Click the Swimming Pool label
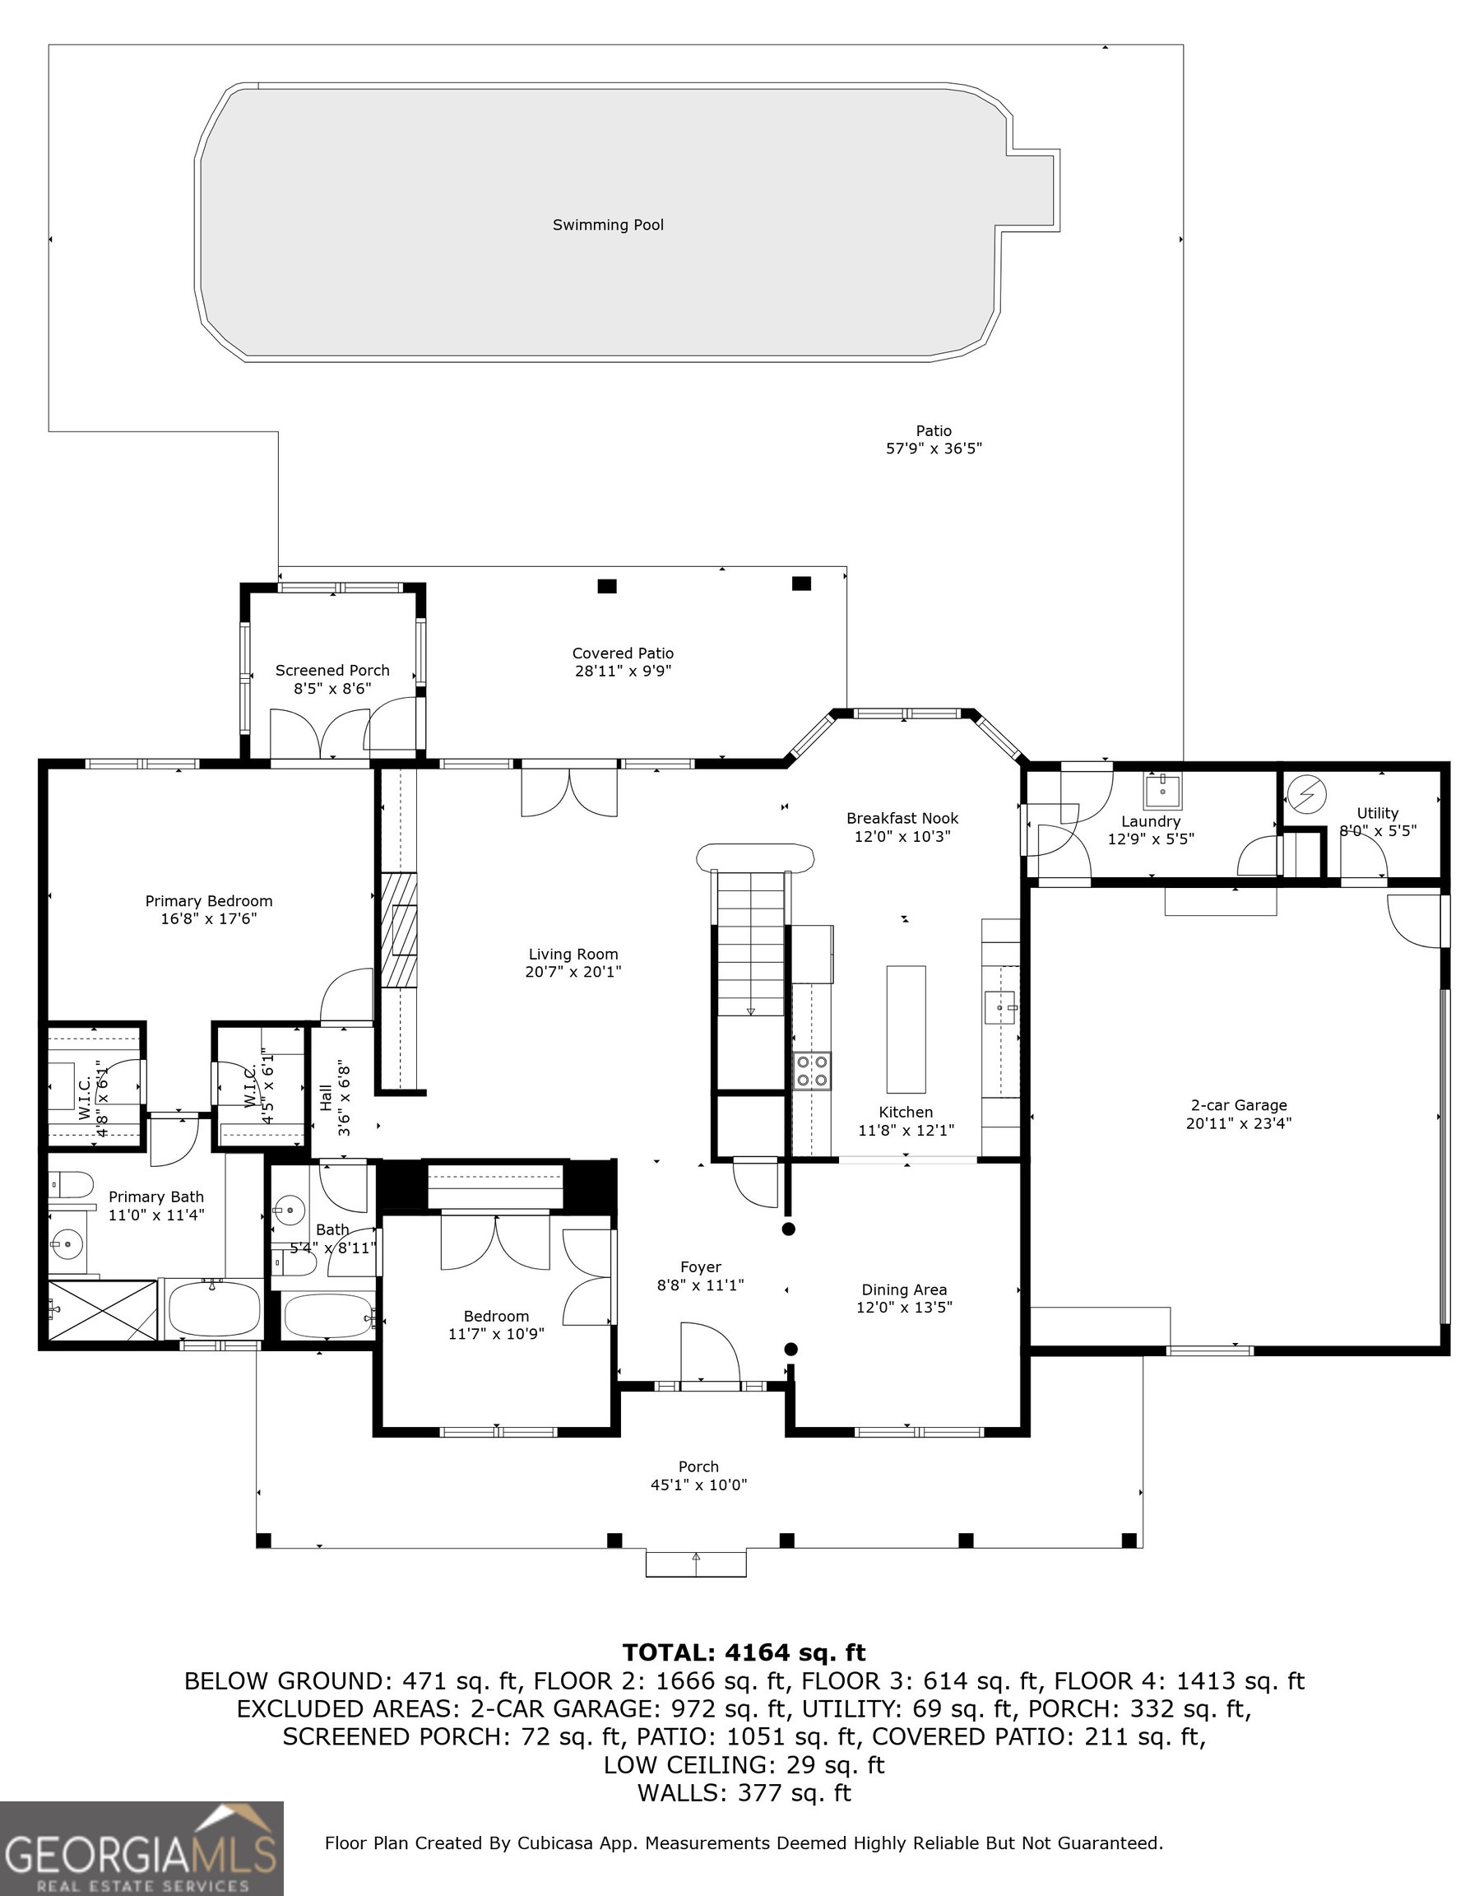click(608, 225)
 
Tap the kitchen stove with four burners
click(812, 1070)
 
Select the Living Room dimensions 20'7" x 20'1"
click(573, 971)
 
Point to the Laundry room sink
click(1161, 790)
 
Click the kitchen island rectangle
click(906, 1029)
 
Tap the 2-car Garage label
click(1239, 1105)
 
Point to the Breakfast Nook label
click(902, 818)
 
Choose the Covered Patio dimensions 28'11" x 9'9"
click(624, 670)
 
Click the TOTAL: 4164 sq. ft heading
click(744, 1652)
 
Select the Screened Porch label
click(332, 670)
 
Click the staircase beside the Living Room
click(752, 944)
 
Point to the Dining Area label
click(904, 1290)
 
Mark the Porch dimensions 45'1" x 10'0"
click(698, 1485)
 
